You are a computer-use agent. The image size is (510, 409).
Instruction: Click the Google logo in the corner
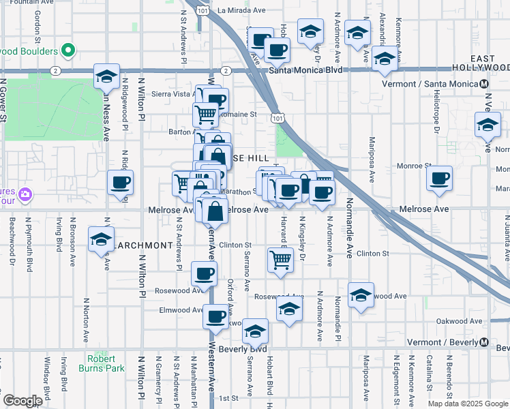(x=22, y=401)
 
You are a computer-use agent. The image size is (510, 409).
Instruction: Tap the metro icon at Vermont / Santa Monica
(x=483, y=84)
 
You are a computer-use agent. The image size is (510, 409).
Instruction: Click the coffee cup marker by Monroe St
(x=440, y=179)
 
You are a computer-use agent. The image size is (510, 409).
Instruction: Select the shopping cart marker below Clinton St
(x=281, y=260)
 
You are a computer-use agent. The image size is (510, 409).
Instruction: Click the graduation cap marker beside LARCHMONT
(x=101, y=239)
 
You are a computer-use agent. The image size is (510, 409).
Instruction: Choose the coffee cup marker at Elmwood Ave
(x=216, y=316)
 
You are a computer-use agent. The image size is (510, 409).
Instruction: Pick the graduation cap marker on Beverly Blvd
(x=255, y=331)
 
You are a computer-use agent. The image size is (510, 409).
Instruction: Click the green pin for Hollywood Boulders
(x=67, y=50)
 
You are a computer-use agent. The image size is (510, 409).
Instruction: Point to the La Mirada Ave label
(x=241, y=11)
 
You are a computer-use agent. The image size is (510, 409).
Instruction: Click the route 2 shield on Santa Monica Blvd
(x=55, y=70)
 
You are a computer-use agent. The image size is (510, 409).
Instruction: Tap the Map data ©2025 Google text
(x=467, y=404)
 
